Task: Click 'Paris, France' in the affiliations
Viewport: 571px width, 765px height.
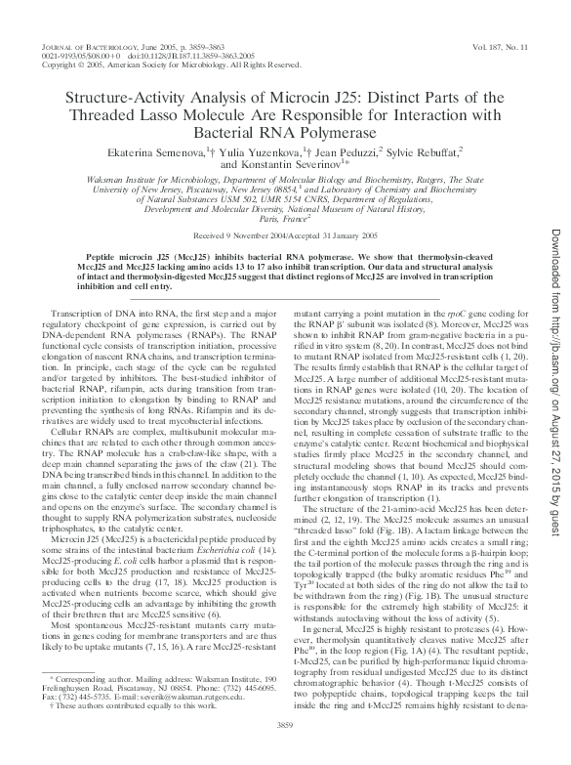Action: coord(284,219)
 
